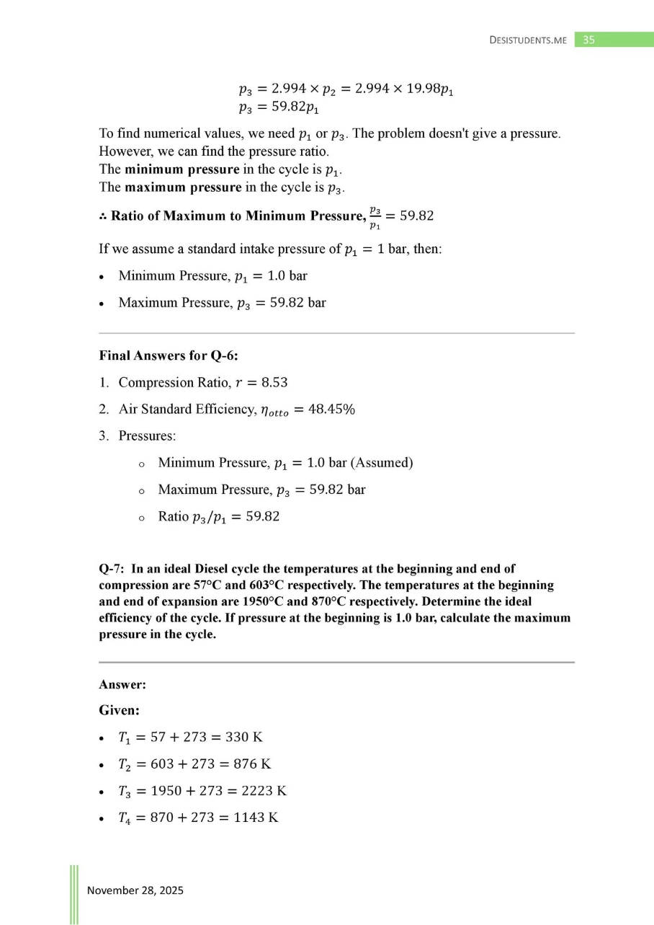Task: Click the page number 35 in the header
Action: click(x=588, y=40)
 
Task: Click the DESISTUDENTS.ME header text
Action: click(x=528, y=40)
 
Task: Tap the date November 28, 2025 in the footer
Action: click(x=135, y=890)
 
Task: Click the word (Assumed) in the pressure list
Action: click(x=380, y=463)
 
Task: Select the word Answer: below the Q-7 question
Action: click(x=122, y=686)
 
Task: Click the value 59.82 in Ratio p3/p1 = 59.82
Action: click(x=262, y=516)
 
